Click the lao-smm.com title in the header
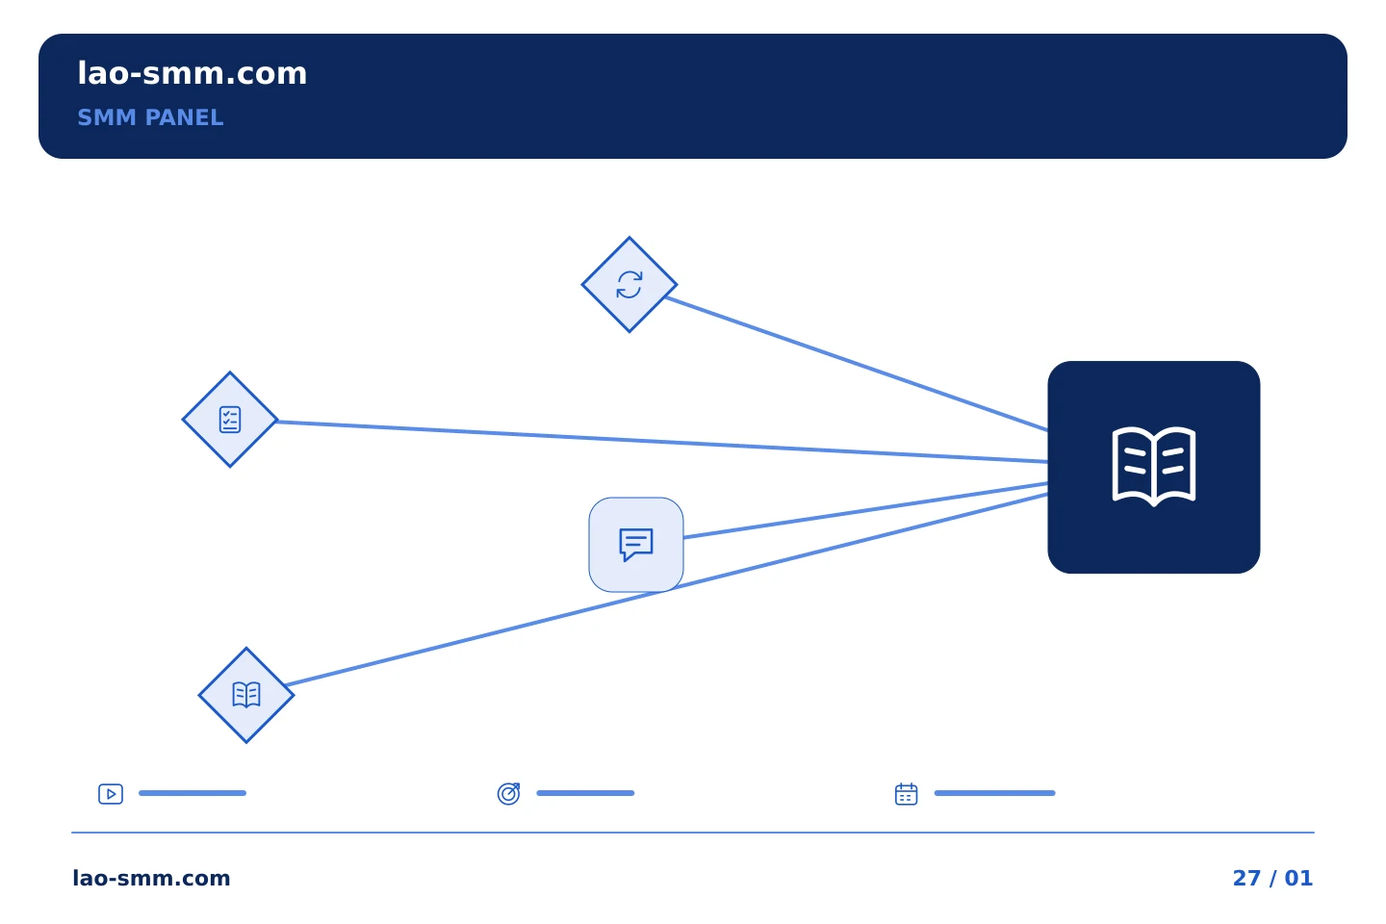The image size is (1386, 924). [192, 74]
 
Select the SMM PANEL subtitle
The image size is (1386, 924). [150, 117]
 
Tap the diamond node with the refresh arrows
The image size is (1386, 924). [629, 285]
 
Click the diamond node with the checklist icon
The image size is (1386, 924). [229, 420]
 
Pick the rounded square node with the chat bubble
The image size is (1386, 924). [636, 545]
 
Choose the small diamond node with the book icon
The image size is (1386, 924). [246, 695]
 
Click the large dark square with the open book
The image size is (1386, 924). [1153, 467]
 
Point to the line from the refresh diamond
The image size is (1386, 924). [857, 364]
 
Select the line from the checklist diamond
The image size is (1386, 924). [662, 442]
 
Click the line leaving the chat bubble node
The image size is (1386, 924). [865, 510]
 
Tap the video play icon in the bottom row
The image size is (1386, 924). [111, 794]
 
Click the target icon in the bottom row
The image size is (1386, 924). [508, 793]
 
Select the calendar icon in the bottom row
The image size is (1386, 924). [906, 794]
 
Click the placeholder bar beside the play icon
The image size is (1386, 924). [192, 793]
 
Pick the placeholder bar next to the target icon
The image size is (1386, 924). [585, 793]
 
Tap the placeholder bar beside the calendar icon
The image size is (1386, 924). [995, 793]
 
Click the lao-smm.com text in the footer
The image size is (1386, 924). [151, 878]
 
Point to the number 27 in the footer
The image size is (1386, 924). [1246, 878]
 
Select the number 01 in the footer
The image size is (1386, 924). [1298, 878]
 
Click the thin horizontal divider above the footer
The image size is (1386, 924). [693, 833]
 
